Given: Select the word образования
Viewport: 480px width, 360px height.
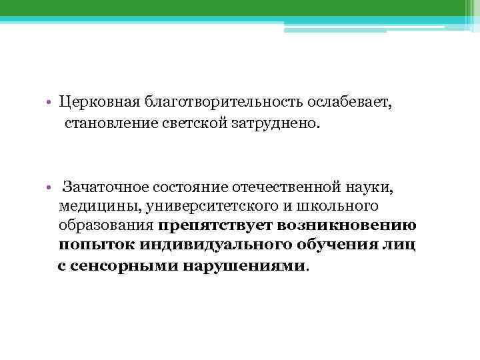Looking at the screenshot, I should coord(107,226).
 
